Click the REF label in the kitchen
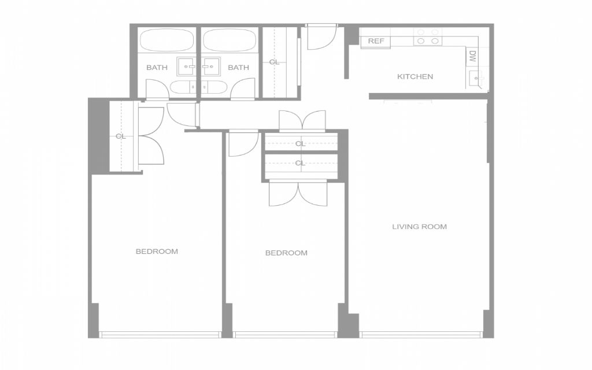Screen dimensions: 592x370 coord(376,41)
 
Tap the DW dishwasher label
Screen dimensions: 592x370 coord(473,57)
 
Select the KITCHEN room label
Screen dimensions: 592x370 coord(415,77)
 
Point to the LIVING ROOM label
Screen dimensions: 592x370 coord(419,227)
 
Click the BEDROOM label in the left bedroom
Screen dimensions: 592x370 coord(157,251)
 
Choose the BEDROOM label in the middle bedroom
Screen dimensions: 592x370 coord(286,253)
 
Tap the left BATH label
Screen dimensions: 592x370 coord(157,68)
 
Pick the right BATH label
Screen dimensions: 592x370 coord(238,68)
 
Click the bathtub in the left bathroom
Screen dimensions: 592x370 coord(166,40)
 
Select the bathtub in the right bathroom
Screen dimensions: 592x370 coord(230,40)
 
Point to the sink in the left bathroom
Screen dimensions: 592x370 coord(187,66)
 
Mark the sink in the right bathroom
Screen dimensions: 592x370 coord(210,66)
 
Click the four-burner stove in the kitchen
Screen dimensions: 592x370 coord(428,36)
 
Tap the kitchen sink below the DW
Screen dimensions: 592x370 coord(476,79)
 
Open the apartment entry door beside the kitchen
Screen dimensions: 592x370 coord(321,36)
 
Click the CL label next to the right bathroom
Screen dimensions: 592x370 coord(275,62)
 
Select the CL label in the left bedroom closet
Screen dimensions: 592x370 coord(120,136)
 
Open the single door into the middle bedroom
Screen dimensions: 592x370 coord(243,143)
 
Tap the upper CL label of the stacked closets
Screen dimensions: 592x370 coord(300,144)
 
